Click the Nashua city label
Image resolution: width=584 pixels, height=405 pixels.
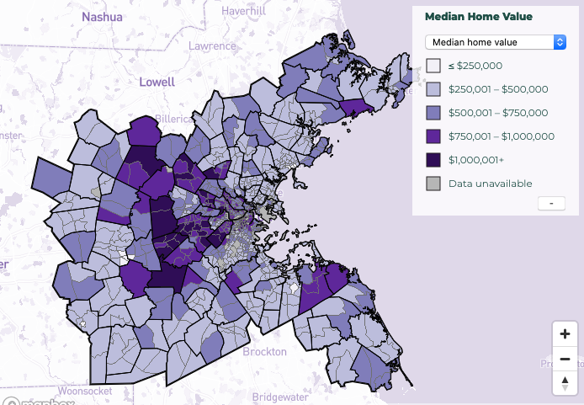pyautogui.click(x=102, y=16)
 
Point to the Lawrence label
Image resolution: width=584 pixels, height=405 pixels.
pyautogui.click(x=213, y=46)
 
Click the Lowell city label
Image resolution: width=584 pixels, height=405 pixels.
pyautogui.click(x=157, y=82)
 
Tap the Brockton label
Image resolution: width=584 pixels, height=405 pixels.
pyautogui.click(x=264, y=351)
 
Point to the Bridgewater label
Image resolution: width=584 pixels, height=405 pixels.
pyautogui.click(x=300, y=395)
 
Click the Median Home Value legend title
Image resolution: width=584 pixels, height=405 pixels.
pyautogui.click(x=478, y=16)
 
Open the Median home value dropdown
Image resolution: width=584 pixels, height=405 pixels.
pyautogui.click(x=496, y=41)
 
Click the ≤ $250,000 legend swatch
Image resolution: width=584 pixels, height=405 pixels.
pyautogui.click(x=433, y=65)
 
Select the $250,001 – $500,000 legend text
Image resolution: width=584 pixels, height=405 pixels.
pyautogui.click(x=498, y=88)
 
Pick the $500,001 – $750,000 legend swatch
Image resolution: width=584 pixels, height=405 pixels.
pyautogui.click(x=433, y=112)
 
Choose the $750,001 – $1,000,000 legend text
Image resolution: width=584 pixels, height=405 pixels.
pyautogui.click(x=502, y=136)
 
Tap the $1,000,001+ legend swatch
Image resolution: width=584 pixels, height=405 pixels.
pyautogui.click(x=433, y=159)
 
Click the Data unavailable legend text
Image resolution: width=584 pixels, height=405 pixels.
pyautogui.click(x=490, y=183)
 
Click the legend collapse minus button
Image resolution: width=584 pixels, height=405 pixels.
pyautogui.click(x=550, y=203)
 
